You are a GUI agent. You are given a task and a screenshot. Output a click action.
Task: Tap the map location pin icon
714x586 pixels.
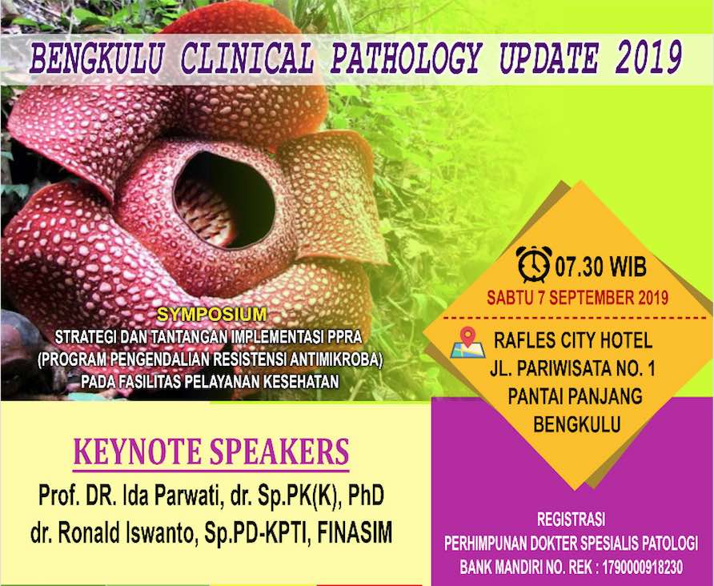click(x=467, y=343)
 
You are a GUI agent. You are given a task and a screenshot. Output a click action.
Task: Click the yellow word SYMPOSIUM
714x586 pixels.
click(x=211, y=314)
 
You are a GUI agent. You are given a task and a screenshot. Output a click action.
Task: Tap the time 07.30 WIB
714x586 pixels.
click(x=601, y=267)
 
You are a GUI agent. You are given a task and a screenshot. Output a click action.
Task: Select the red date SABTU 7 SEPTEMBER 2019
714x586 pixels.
click(x=578, y=298)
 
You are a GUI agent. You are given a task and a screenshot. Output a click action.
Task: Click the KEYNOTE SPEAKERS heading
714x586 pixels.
click(x=211, y=452)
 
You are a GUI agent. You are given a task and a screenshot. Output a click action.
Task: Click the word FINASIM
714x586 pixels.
click(x=355, y=532)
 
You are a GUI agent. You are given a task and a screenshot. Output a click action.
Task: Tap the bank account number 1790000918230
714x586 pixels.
click(x=643, y=568)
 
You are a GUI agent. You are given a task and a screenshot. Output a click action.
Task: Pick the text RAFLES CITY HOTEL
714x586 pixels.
click(x=573, y=341)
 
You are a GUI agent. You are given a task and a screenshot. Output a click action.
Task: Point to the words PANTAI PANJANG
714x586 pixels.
click(x=575, y=395)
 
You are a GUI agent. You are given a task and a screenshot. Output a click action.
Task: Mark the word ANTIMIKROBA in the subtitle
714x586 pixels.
click(x=335, y=359)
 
